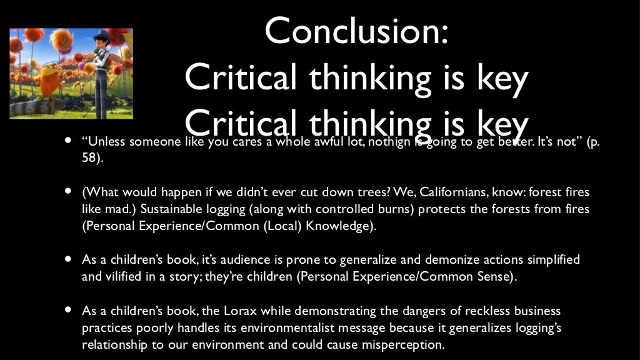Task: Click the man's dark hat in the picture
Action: tap(101, 37)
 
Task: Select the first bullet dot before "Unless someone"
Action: tap(67, 140)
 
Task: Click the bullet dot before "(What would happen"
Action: tap(67, 191)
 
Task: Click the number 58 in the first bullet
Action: tap(89, 158)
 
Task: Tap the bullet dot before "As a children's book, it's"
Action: tap(67, 259)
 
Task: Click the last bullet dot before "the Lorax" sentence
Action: tap(67, 311)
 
